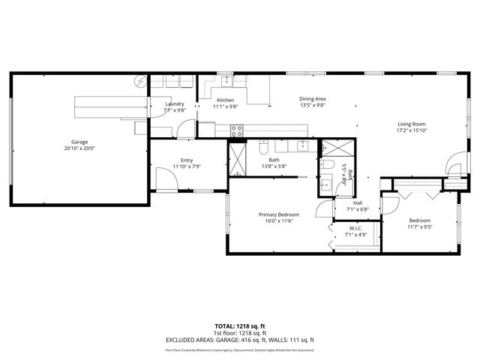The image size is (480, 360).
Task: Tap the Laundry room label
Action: click(x=174, y=104)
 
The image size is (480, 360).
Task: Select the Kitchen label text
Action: click(x=225, y=100)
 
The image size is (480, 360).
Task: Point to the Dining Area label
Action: click(x=312, y=99)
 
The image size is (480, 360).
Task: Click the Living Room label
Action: click(x=411, y=124)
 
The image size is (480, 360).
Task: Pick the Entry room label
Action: click(x=187, y=160)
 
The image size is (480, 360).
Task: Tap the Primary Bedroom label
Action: click(x=279, y=214)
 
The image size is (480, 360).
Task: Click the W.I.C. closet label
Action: click(x=355, y=228)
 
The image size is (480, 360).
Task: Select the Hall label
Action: click(x=358, y=202)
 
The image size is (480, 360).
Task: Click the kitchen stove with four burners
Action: click(x=237, y=130)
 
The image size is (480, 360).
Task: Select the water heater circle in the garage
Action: click(x=140, y=81)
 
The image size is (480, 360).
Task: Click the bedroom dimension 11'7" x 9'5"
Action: click(x=419, y=226)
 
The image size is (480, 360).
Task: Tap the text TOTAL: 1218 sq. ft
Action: click(x=240, y=326)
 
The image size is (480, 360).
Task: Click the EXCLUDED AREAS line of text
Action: click(x=240, y=340)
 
